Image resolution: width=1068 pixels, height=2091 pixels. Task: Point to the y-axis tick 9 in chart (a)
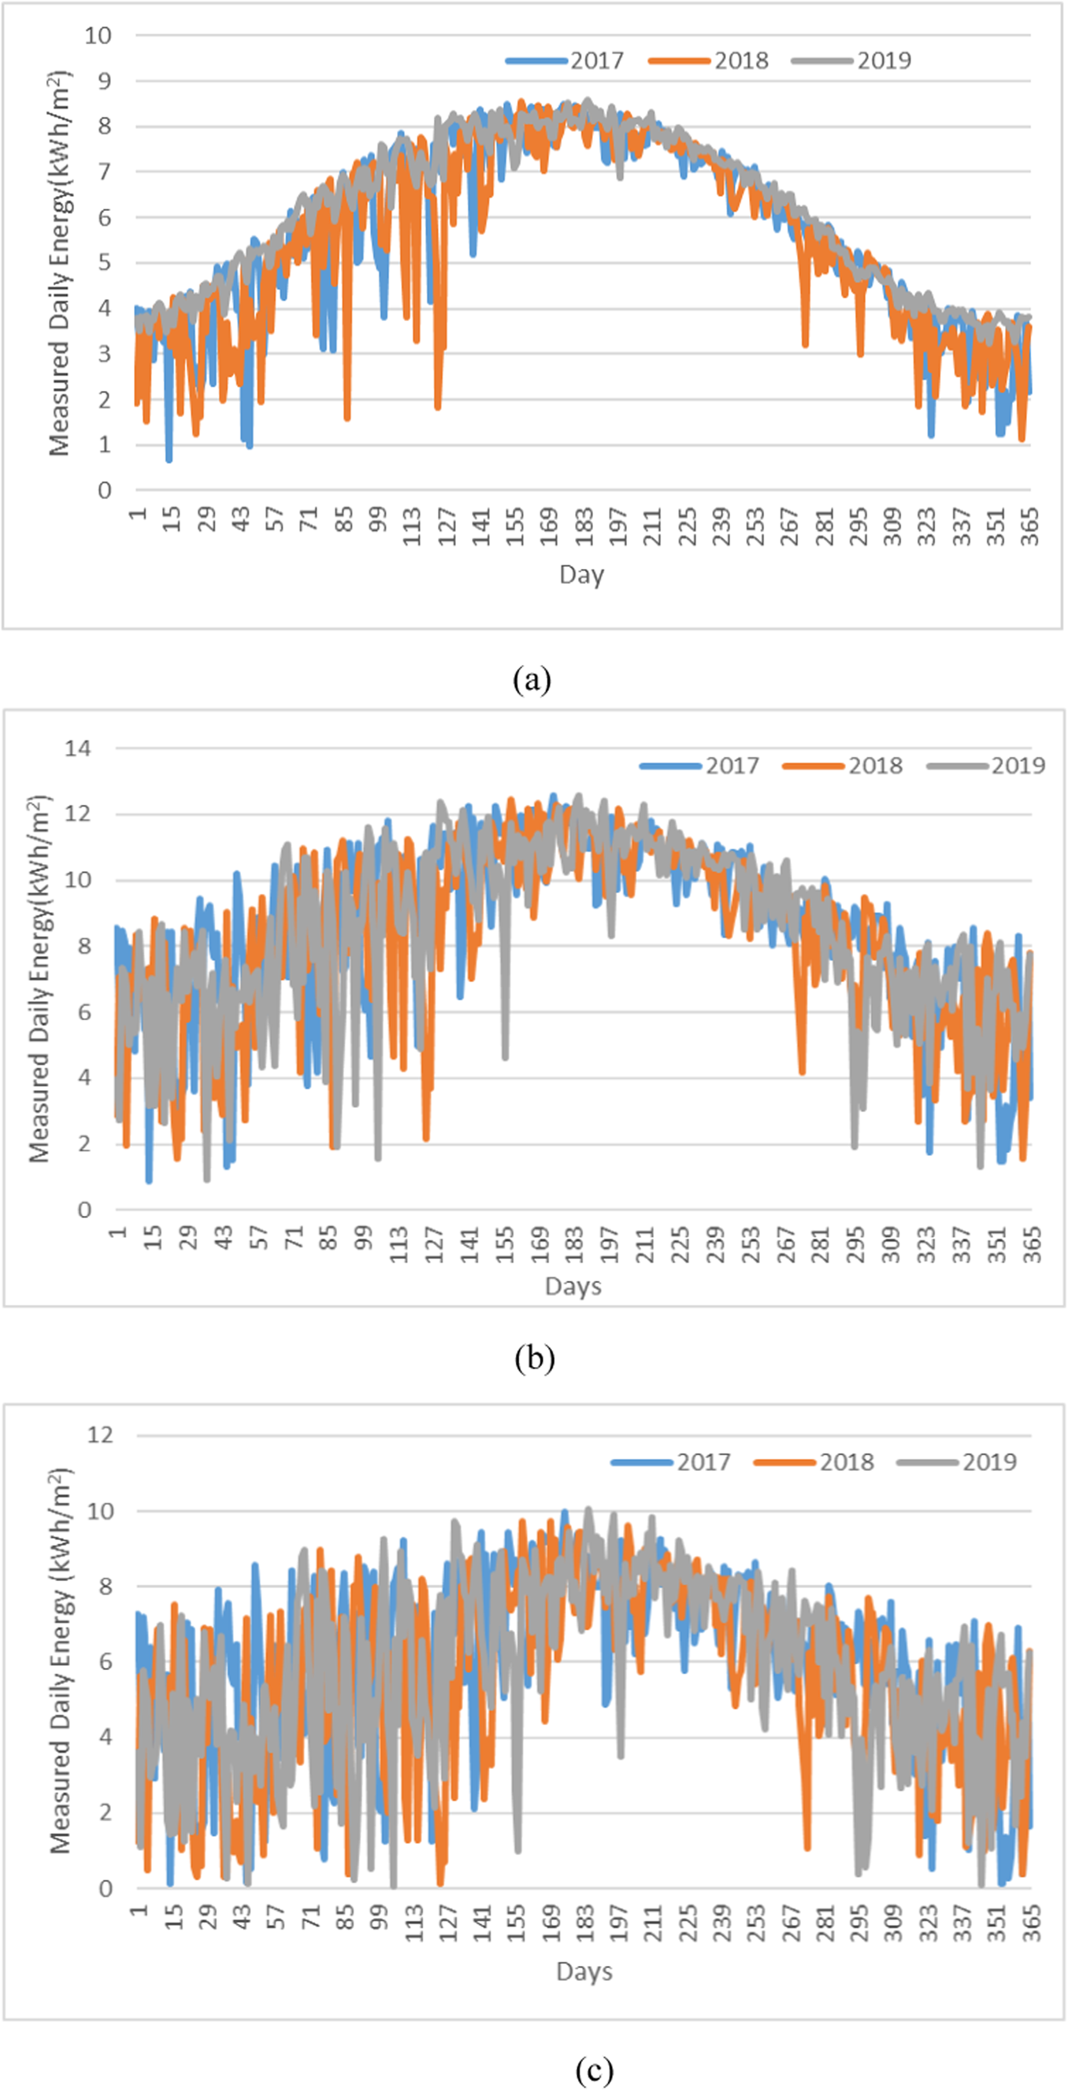[x=102, y=81]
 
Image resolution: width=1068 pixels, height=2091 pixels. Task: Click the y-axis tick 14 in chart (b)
[x=78, y=748]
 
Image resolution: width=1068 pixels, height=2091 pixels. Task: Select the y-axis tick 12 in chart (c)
[x=101, y=1435]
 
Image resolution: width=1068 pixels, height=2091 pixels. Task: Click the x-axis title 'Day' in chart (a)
[x=581, y=574]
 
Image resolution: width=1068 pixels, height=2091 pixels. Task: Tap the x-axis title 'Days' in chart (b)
[x=573, y=1286]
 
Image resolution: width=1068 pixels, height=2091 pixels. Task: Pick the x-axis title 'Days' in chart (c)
[x=584, y=1971]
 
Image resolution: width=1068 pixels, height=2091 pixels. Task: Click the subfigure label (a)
[x=532, y=679]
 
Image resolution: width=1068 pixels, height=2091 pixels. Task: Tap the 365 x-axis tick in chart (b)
[x=1032, y=1244]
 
